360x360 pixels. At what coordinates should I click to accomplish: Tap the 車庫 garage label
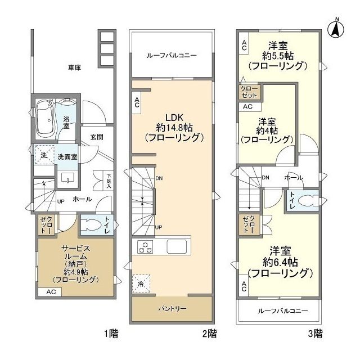(75, 67)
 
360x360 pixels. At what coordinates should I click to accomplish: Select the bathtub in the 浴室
(45, 118)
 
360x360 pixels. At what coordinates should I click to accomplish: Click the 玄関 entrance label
(97, 137)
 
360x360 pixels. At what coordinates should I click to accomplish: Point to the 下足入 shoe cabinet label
(109, 181)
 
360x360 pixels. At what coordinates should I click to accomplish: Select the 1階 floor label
(111, 334)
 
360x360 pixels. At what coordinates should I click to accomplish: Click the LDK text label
(174, 118)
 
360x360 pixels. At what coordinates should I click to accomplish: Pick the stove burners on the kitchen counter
(145, 247)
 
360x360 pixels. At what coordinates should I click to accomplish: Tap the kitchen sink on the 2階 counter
(177, 246)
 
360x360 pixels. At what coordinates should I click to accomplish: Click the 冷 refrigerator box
(141, 283)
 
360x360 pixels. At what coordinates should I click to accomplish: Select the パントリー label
(172, 309)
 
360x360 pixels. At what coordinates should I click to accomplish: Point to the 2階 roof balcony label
(172, 55)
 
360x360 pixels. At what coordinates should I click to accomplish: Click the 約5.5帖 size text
(278, 56)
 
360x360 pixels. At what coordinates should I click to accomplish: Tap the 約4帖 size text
(267, 130)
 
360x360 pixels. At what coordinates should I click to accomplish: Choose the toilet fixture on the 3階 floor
(308, 201)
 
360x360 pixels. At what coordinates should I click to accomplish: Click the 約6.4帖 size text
(280, 262)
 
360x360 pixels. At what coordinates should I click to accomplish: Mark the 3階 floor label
(315, 334)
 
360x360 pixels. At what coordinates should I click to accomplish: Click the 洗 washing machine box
(44, 155)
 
